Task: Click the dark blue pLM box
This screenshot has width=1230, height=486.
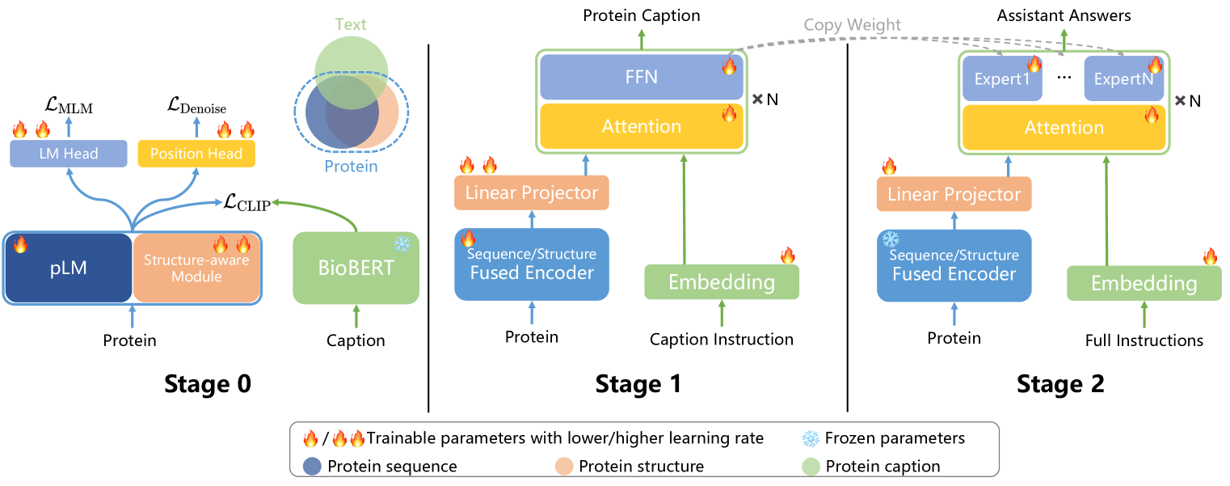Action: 68,268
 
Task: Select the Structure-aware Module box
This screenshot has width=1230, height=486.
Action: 196,268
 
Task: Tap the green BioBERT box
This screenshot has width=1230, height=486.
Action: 356,268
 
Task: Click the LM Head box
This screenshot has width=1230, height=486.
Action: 69,154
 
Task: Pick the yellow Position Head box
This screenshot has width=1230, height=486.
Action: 196,154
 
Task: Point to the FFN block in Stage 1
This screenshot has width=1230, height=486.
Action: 641,78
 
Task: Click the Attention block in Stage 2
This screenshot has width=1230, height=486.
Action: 1064,128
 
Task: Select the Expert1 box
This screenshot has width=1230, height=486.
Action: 1002,79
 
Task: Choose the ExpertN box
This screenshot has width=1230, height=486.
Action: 1123,79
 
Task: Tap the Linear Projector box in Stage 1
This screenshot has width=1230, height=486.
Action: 532,193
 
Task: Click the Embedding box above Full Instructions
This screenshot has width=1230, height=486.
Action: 1144,284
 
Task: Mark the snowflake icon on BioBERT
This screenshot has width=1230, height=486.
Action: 402,244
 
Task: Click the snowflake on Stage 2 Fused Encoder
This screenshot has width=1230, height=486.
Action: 891,240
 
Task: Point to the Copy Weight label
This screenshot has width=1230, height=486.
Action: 852,25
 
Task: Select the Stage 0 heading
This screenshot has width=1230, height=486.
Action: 208,384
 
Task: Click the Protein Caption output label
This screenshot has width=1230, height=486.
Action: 642,15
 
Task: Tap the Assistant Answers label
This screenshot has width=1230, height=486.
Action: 1064,15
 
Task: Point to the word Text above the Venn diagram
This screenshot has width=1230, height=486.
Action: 350,24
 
